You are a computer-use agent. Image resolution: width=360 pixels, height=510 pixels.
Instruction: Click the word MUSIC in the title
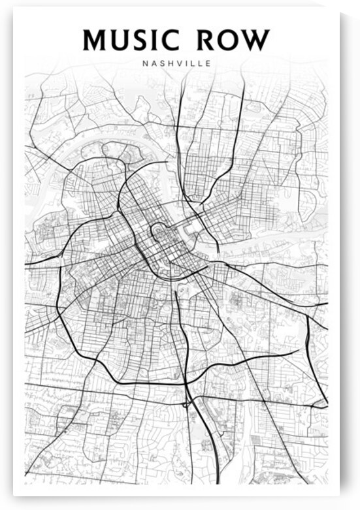click(129, 40)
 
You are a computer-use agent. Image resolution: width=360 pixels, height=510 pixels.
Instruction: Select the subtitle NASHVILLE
click(176, 64)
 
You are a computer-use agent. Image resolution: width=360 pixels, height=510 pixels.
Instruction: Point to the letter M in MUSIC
click(95, 40)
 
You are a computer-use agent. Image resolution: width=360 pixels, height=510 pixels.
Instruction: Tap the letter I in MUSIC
click(155, 40)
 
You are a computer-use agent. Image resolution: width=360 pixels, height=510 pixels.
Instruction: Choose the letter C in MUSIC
click(169, 40)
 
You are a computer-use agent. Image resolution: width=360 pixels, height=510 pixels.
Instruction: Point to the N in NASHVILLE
click(144, 64)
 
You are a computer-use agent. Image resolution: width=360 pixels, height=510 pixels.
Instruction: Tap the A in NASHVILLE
click(152, 64)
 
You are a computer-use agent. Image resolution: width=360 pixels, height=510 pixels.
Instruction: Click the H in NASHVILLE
click(169, 64)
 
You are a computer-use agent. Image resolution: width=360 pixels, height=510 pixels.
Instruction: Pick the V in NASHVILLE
click(178, 64)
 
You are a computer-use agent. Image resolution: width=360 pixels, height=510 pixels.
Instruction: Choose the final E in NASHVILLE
click(208, 64)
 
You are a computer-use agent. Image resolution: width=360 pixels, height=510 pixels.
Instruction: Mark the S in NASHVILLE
click(161, 64)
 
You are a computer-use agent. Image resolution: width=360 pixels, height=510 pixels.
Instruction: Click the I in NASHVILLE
click(186, 64)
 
